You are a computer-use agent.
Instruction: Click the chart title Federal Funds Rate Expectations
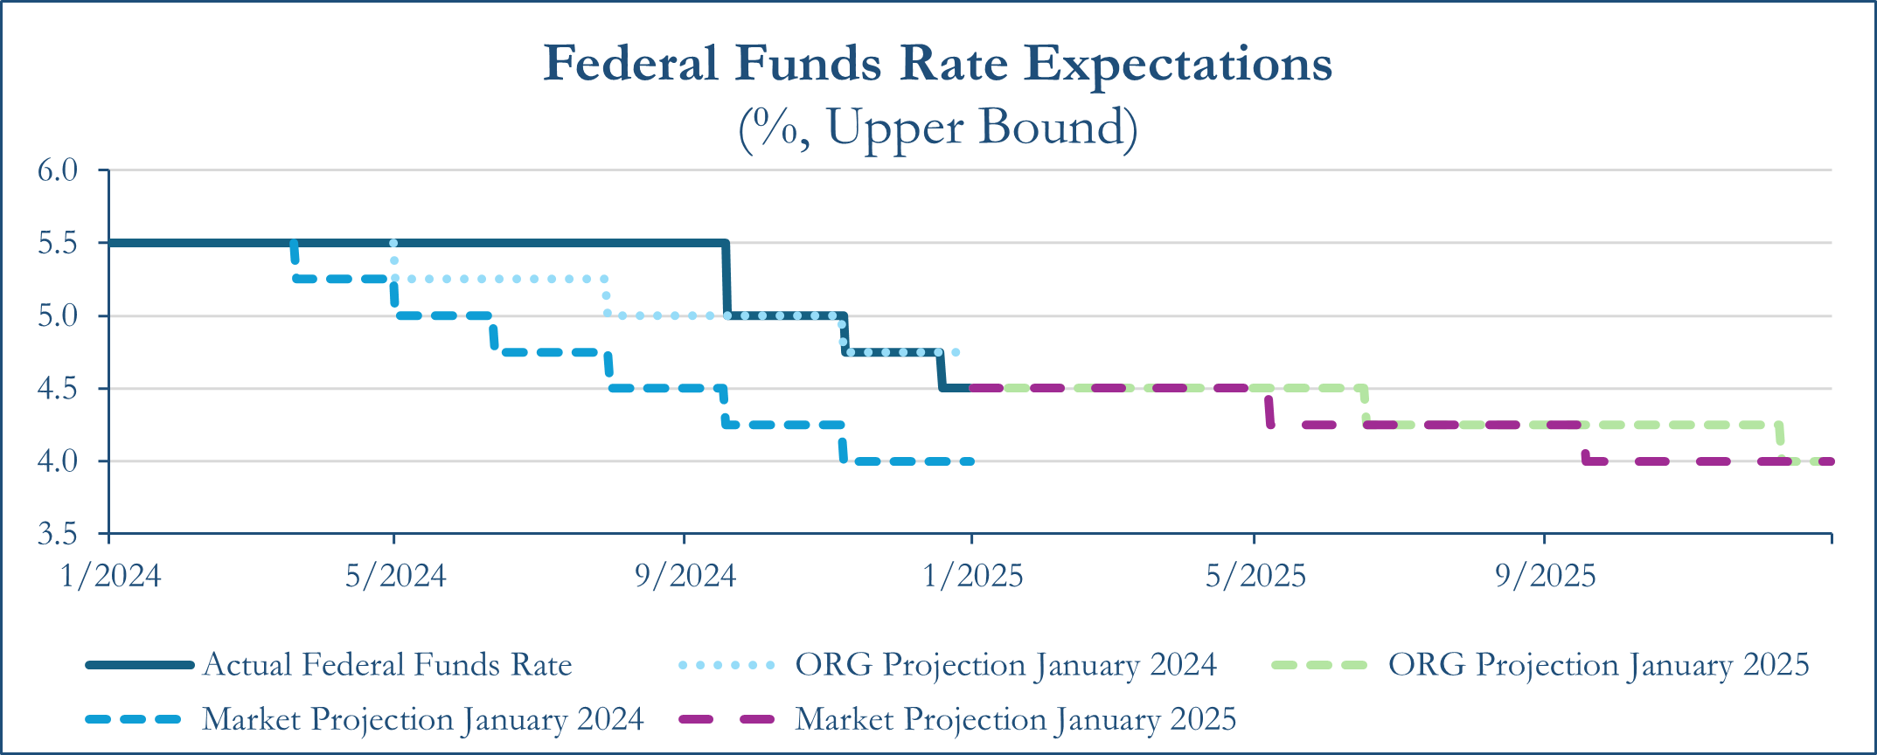click(x=937, y=63)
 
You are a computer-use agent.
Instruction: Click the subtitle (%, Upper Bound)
click(x=937, y=128)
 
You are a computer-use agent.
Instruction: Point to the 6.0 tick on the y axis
click(x=58, y=170)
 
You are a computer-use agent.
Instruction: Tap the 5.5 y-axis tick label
click(x=58, y=243)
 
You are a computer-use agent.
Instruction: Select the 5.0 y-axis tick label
click(x=58, y=315)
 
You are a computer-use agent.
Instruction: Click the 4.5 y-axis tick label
click(x=58, y=388)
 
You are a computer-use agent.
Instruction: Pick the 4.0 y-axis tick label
click(x=58, y=461)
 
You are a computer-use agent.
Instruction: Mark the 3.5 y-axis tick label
click(x=58, y=533)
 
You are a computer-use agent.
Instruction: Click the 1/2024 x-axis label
click(x=110, y=576)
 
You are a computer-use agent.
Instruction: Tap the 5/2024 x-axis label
click(x=395, y=576)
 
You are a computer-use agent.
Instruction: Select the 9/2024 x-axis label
click(x=685, y=576)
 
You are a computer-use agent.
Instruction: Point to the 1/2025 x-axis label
click(x=972, y=576)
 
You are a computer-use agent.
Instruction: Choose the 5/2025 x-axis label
click(x=1255, y=576)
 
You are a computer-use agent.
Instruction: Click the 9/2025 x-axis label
click(x=1545, y=576)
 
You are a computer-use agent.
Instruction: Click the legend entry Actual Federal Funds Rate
click(x=387, y=665)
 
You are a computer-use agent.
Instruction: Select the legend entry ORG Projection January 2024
click(x=1005, y=665)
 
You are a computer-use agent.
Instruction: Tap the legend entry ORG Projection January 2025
click(x=1598, y=665)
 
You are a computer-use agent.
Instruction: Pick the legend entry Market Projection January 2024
click(x=422, y=719)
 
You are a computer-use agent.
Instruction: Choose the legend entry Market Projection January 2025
click(x=1015, y=719)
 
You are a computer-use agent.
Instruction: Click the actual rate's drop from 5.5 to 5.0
click(x=726, y=280)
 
